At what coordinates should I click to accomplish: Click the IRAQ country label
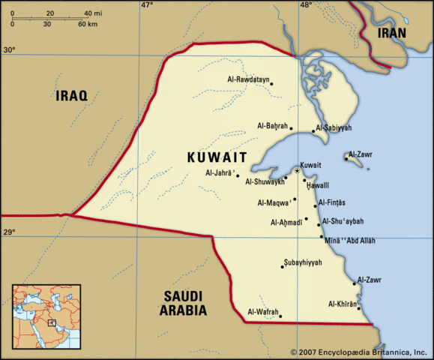click(71, 95)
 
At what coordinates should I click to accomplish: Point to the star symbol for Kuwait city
click(297, 172)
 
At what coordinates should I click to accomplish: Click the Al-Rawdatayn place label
click(248, 79)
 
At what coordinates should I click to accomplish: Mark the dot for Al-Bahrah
click(292, 128)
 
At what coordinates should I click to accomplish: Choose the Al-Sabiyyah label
click(333, 127)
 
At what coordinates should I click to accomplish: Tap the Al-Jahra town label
click(220, 172)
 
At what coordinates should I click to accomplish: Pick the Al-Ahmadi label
click(285, 222)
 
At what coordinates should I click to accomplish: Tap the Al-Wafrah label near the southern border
click(262, 312)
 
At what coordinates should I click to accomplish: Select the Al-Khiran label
click(343, 304)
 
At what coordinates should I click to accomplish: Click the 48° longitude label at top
click(305, 5)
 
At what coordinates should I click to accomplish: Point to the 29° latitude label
click(8, 233)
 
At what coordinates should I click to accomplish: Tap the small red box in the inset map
click(51, 322)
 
